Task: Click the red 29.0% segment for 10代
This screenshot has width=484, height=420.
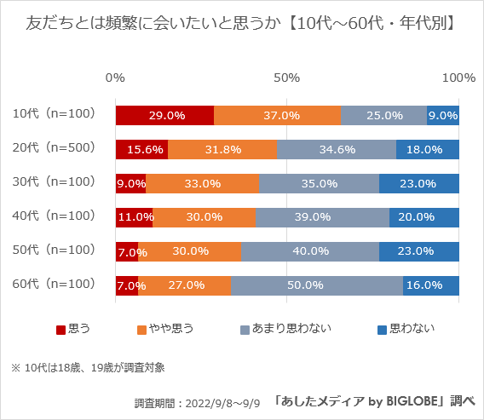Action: tap(164, 115)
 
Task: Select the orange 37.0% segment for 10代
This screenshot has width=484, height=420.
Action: tap(277, 115)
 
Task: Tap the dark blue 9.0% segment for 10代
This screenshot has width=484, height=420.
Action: tap(443, 115)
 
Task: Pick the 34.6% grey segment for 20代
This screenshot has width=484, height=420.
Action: tap(337, 149)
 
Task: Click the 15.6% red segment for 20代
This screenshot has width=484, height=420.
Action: tap(141, 149)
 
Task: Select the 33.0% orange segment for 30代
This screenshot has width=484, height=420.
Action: tap(202, 183)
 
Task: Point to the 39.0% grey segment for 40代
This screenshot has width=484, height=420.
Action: tap(322, 217)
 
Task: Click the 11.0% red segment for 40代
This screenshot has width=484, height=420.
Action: tap(134, 217)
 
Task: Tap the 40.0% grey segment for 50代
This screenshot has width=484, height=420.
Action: tap(310, 251)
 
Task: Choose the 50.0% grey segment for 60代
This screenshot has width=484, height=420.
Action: tap(317, 285)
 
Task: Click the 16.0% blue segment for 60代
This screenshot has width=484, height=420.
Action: tap(431, 285)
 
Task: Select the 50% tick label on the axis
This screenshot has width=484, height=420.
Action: tap(287, 78)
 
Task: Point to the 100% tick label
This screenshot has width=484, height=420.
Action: tap(458, 78)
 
